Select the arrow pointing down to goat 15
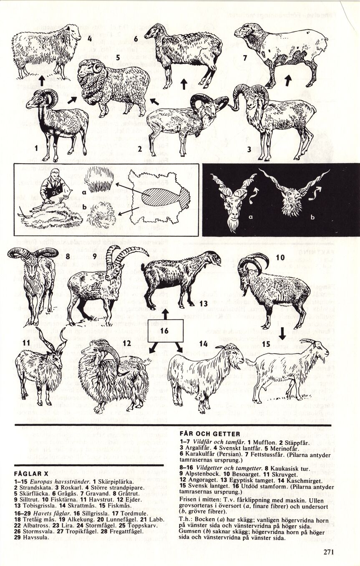pos(282,334)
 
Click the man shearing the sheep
pos(52,187)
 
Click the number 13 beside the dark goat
pos(203,303)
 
